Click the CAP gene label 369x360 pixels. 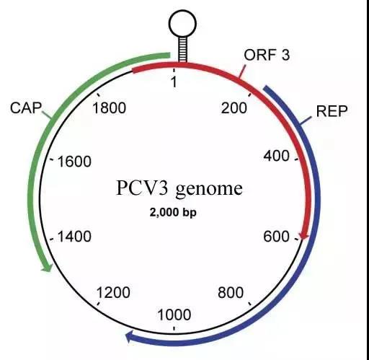(26, 107)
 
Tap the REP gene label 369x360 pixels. (332, 111)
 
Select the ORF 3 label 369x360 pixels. (267, 55)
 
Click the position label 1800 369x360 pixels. (110, 107)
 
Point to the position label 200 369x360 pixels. (234, 107)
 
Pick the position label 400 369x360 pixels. (277, 156)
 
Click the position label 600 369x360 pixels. (277, 237)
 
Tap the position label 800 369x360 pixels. (231, 293)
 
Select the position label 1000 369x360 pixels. (174, 315)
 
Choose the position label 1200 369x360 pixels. (113, 293)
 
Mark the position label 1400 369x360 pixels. (74, 237)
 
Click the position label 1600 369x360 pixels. (74, 162)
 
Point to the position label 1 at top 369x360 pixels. (174, 82)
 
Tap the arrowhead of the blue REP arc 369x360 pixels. (130, 336)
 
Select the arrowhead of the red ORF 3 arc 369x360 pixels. (304, 234)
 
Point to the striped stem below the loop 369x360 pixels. (182, 49)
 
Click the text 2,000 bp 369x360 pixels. (173, 213)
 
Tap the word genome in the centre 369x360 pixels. (209, 189)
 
